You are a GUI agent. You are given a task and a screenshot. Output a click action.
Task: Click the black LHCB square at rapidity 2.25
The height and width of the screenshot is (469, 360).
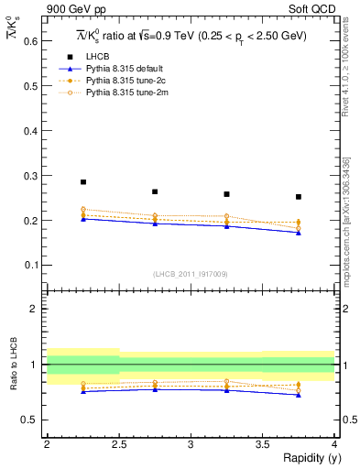82,182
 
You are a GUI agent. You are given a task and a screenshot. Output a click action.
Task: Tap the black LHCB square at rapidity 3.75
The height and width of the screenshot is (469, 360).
299,197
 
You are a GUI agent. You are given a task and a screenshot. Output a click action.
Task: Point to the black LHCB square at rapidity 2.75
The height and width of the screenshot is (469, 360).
155,191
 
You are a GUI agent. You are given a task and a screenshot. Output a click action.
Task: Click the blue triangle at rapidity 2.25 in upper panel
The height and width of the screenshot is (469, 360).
82,219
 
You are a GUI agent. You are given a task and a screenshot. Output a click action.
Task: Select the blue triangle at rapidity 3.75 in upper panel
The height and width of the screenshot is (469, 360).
299,233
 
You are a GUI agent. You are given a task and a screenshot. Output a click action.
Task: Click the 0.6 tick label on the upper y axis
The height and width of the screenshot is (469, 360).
30,41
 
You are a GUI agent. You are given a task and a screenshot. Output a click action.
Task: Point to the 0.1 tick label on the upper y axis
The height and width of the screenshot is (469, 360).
30,265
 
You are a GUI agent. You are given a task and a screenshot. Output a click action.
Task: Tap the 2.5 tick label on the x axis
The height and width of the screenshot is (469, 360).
118,444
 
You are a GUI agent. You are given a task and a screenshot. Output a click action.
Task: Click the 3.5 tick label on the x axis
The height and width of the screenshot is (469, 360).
262,444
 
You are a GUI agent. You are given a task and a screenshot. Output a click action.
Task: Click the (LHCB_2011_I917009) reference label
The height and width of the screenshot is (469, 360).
191,274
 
